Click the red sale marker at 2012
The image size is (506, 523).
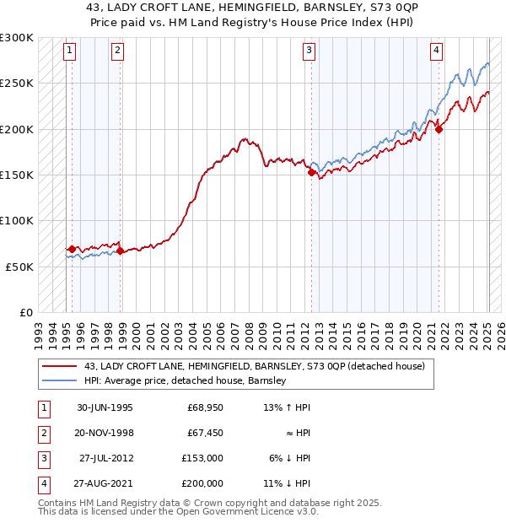311,172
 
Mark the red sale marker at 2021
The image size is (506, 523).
439,129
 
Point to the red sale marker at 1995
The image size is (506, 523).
72,249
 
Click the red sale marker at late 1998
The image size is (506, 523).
120,251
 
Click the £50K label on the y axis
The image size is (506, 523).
20,267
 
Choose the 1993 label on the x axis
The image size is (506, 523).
39,332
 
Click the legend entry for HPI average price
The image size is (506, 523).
186,380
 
